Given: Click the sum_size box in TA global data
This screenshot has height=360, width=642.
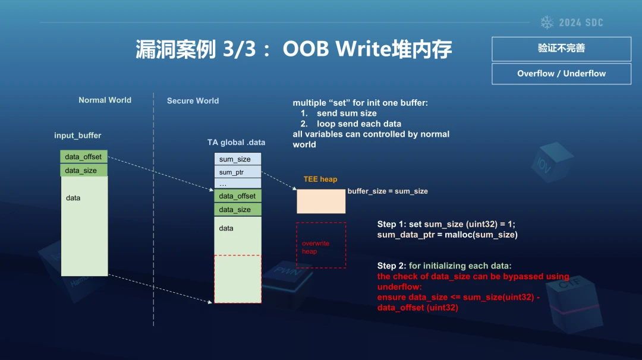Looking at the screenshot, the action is pos(237,159).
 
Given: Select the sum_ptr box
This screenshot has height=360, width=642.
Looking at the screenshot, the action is pos(237,172).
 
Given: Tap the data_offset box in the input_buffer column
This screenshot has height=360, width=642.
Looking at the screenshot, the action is pos(84,156).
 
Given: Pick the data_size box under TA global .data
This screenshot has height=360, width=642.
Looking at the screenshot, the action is pos(237,210).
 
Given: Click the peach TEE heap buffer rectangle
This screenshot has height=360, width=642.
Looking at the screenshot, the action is pos(321,201).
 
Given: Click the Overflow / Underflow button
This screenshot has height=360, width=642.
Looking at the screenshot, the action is pos(561,74).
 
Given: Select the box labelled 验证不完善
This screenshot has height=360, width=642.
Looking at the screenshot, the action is pos(561,49).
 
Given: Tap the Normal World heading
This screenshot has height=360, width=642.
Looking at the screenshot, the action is pos(105,100).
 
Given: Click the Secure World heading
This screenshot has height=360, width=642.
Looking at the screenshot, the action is pos(193,100).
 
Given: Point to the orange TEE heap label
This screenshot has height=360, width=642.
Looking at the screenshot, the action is pos(320,179).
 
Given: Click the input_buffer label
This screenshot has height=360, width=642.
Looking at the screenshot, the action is pos(77,135).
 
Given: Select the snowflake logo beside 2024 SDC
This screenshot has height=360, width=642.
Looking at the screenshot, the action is pos(547,23).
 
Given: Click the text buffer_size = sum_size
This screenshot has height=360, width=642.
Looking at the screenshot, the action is pos(388,191).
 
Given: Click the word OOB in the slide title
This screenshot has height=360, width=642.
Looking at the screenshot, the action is pos(306,49).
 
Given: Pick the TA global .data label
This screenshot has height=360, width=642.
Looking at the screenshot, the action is pos(236,143).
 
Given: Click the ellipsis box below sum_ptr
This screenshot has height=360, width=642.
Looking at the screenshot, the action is pos(237,184).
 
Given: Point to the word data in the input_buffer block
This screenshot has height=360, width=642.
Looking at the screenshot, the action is pos(73,198).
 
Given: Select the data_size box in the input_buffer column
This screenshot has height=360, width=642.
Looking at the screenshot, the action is pos(84,170).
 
